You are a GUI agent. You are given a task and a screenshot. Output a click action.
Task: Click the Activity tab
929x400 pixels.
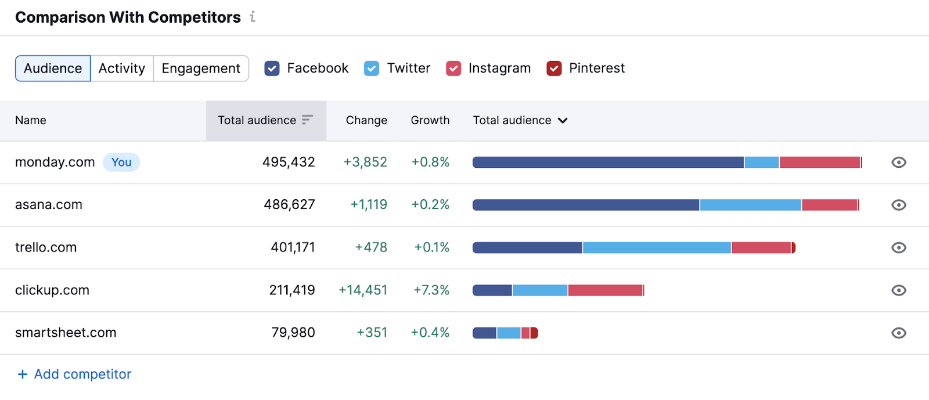[121, 69]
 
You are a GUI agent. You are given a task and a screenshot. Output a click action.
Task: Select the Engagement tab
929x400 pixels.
[201, 69]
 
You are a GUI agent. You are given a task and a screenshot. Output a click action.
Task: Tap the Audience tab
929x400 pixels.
[53, 69]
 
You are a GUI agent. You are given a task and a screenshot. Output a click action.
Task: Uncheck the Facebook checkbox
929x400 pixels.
[272, 69]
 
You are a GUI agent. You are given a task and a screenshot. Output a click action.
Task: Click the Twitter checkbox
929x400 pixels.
[372, 69]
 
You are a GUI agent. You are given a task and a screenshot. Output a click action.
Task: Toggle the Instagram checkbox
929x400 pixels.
[453, 69]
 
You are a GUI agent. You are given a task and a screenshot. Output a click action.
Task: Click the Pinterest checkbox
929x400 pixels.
[554, 69]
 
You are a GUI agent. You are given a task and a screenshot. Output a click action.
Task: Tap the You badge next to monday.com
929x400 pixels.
[121, 163]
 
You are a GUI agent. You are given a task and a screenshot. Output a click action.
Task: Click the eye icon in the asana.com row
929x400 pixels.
[898, 205]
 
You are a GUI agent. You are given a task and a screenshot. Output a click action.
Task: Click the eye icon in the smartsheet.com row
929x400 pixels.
[898, 333]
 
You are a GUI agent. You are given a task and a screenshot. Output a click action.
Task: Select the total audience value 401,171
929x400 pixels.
[293, 247]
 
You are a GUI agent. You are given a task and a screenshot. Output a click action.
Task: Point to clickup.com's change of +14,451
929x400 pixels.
[363, 290]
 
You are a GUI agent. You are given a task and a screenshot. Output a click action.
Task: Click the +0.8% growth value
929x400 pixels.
[430, 163]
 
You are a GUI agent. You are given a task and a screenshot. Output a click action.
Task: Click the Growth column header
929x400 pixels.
[430, 120]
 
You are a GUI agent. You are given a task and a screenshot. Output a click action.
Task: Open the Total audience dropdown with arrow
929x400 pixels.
[520, 120]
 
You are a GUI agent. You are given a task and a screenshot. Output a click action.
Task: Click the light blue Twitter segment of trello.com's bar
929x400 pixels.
[656, 248]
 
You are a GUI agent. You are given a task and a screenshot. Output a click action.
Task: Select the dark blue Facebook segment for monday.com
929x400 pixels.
[607, 163]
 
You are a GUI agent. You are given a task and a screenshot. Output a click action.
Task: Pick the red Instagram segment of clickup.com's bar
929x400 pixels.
[605, 290]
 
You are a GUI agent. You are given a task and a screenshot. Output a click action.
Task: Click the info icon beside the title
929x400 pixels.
[253, 17]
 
